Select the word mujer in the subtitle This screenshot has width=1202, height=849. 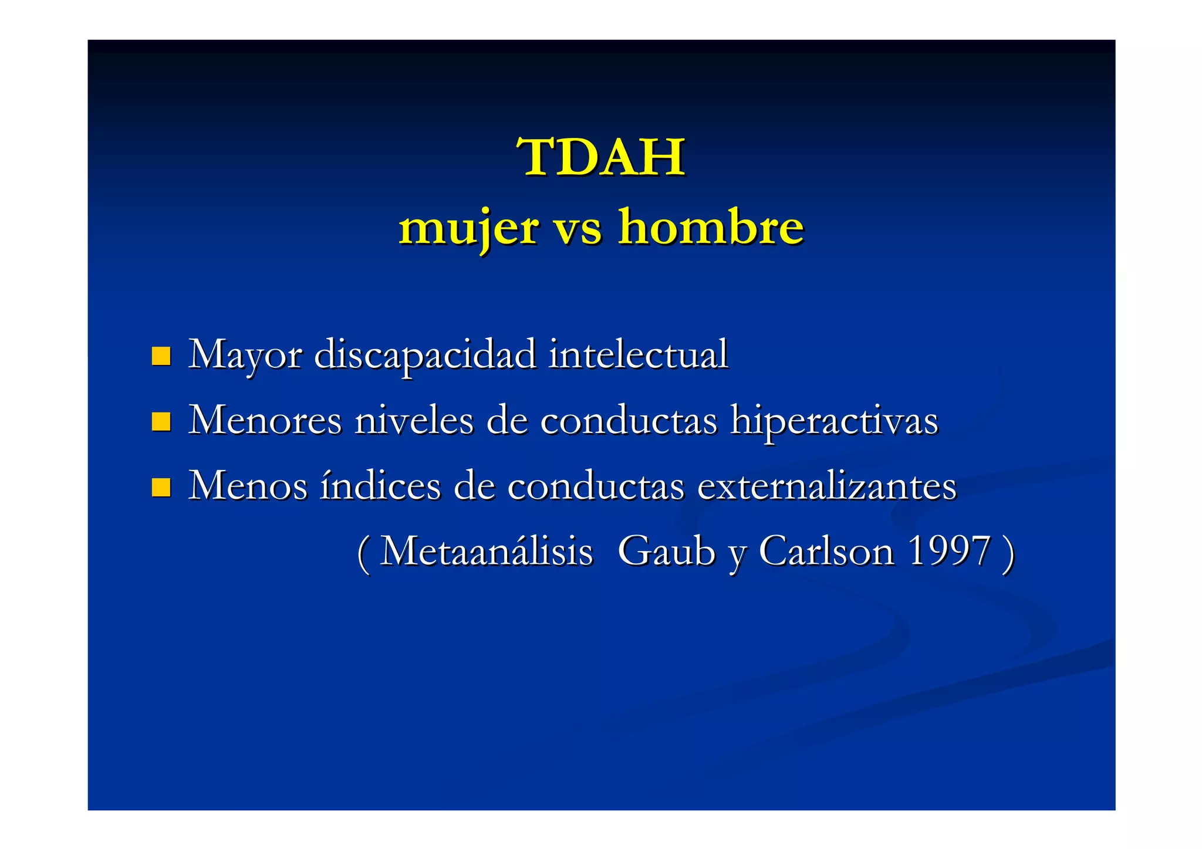468,228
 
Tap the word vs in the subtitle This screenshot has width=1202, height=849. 578,228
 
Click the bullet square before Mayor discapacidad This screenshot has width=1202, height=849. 161,356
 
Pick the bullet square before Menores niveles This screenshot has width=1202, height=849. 161,421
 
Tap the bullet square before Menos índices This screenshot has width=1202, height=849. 161,487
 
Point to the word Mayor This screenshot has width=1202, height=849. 245,354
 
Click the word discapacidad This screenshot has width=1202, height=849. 425,354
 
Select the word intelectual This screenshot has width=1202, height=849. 638,354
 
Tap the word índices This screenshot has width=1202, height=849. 380,486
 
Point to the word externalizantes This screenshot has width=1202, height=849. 827,486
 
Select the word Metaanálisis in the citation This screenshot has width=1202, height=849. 487,552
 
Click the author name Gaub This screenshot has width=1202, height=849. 667,552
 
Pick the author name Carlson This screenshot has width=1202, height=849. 826,552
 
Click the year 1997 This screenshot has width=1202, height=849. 948,552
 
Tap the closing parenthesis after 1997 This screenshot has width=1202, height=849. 1008,553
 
